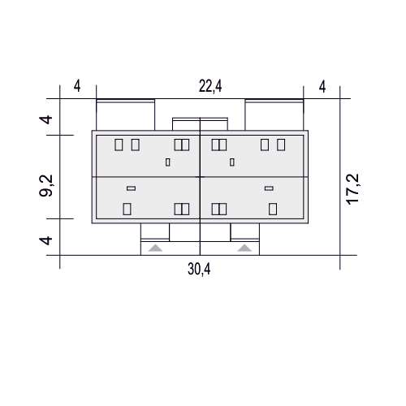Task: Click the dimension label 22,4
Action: pyautogui.click(x=210, y=87)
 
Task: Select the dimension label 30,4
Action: pyautogui.click(x=199, y=269)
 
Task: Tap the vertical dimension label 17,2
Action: pyautogui.click(x=352, y=189)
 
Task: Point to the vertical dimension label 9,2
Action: pyautogui.click(x=46, y=186)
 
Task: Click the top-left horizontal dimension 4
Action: pyautogui.click(x=77, y=86)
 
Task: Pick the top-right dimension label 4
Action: pyautogui.click(x=322, y=87)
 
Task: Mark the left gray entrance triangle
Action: pyautogui.click(x=155, y=248)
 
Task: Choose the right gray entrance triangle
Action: pyautogui.click(x=244, y=248)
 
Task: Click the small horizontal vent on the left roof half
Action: pyautogui.click(x=132, y=188)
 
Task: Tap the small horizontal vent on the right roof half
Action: pyautogui.click(x=269, y=188)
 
